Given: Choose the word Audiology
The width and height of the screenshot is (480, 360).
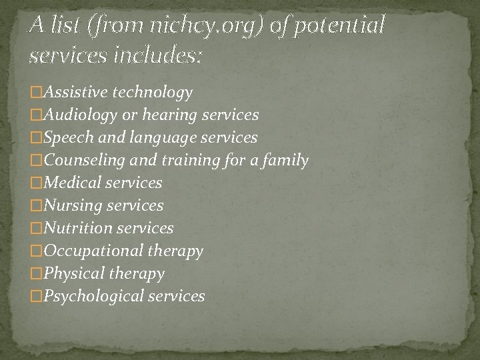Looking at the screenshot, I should [x=77, y=115].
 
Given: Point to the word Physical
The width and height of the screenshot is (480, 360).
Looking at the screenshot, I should [x=70, y=273].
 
